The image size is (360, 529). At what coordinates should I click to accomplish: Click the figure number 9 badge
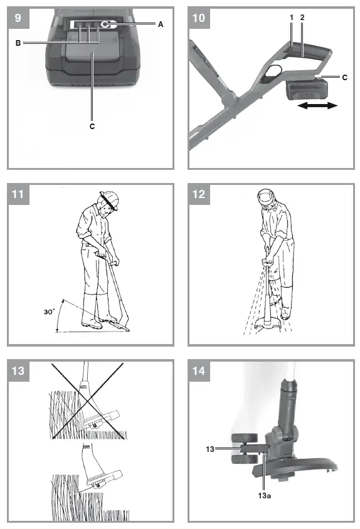point(18,18)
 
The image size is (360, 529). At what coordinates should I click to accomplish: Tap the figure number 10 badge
point(199,18)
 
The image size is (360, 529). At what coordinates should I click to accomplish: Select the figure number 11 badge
point(18,194)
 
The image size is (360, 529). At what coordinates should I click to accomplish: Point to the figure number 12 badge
point(199,194)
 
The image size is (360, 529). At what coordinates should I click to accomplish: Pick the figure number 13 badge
point(18,371)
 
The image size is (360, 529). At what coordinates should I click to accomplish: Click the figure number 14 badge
point(199,371)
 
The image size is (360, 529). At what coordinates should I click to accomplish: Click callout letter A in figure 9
point(161,24)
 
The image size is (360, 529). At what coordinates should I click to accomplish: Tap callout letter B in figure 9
point(18,43)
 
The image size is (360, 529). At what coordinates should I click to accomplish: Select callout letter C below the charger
point(92,126)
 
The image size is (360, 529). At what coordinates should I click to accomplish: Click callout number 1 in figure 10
point(292,17)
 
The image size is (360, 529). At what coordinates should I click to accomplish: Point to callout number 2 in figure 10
point(302,17)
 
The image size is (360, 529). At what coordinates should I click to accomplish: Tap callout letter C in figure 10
point(344,77)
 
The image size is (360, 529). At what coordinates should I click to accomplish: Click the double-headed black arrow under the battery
point(317,106)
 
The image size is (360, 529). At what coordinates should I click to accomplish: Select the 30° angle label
point(49,312)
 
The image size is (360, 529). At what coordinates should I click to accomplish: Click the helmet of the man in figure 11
point(109,200)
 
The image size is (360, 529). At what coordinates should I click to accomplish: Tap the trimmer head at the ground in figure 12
point(269,325)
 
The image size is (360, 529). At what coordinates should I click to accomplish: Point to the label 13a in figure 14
point(265,496)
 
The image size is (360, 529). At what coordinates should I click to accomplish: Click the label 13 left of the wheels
point(210,449)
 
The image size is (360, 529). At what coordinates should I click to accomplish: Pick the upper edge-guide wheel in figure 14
point(245,439)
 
